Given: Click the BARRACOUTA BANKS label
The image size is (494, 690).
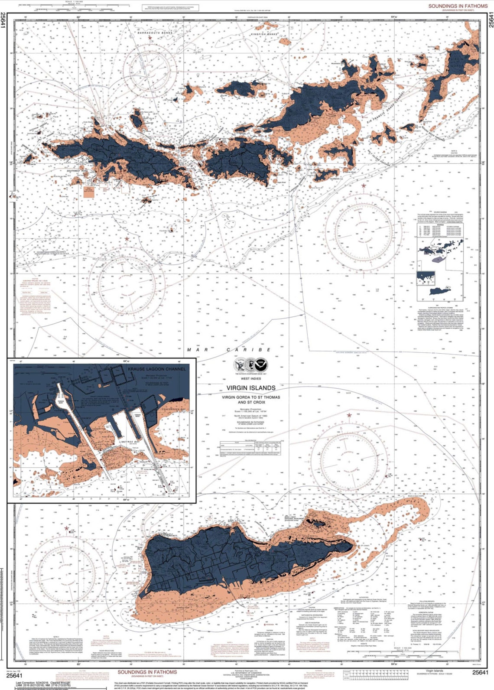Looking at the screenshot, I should click(x=155, y=33).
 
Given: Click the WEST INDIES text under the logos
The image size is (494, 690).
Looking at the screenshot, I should click(x=251, y=378).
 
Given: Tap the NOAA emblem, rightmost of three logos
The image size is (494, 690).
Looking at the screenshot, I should click(x=262, y=364).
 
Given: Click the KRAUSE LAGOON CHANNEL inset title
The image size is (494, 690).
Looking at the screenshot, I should click(x=156, y=369).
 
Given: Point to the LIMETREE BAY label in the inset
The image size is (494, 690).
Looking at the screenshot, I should click(x=129, y=442).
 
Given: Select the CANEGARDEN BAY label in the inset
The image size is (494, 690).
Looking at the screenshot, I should click(x=173, y=409).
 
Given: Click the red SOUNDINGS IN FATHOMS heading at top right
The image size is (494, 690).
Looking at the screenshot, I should click(x=458, y=6).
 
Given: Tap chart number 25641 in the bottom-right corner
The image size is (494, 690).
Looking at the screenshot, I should click(x=480, y=672).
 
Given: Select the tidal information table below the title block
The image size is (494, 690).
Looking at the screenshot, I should click(x=252, y=447).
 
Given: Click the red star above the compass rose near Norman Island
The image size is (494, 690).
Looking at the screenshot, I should click(x=364, y=186).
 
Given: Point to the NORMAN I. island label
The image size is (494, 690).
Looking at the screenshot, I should click(x=335, y=179).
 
